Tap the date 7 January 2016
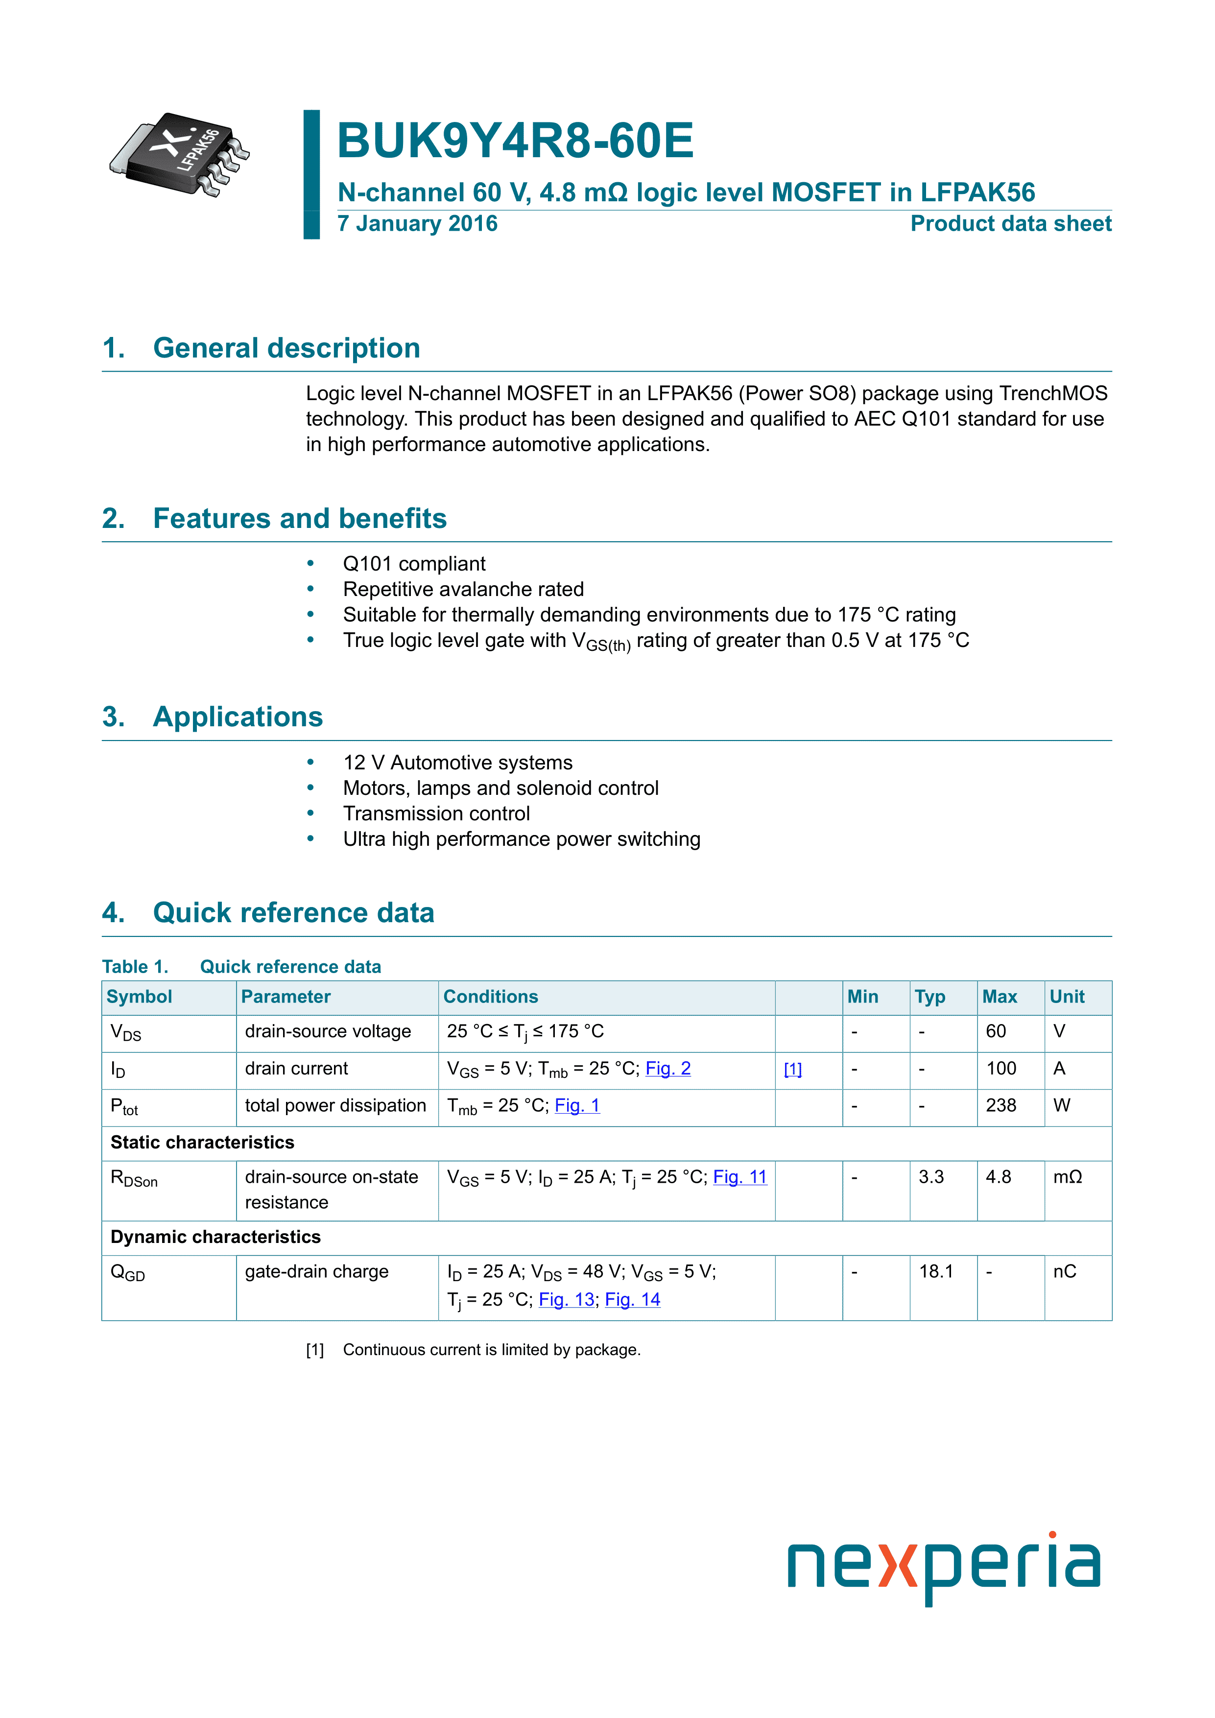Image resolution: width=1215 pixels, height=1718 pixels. click(x=417, y=224)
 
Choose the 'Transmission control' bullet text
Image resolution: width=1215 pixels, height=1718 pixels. click(x=436, y=813)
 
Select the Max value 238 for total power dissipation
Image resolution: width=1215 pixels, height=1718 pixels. click(x=1001, y=1105)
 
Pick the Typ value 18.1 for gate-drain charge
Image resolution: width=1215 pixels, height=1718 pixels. click(x=935, y=1271)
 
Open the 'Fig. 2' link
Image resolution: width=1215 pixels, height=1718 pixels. click(x=667, y=1069)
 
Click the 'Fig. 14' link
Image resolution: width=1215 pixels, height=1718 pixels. click(x=632, y=1300)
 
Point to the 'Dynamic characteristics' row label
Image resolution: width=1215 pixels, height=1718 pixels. click(x=215, y=1237)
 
